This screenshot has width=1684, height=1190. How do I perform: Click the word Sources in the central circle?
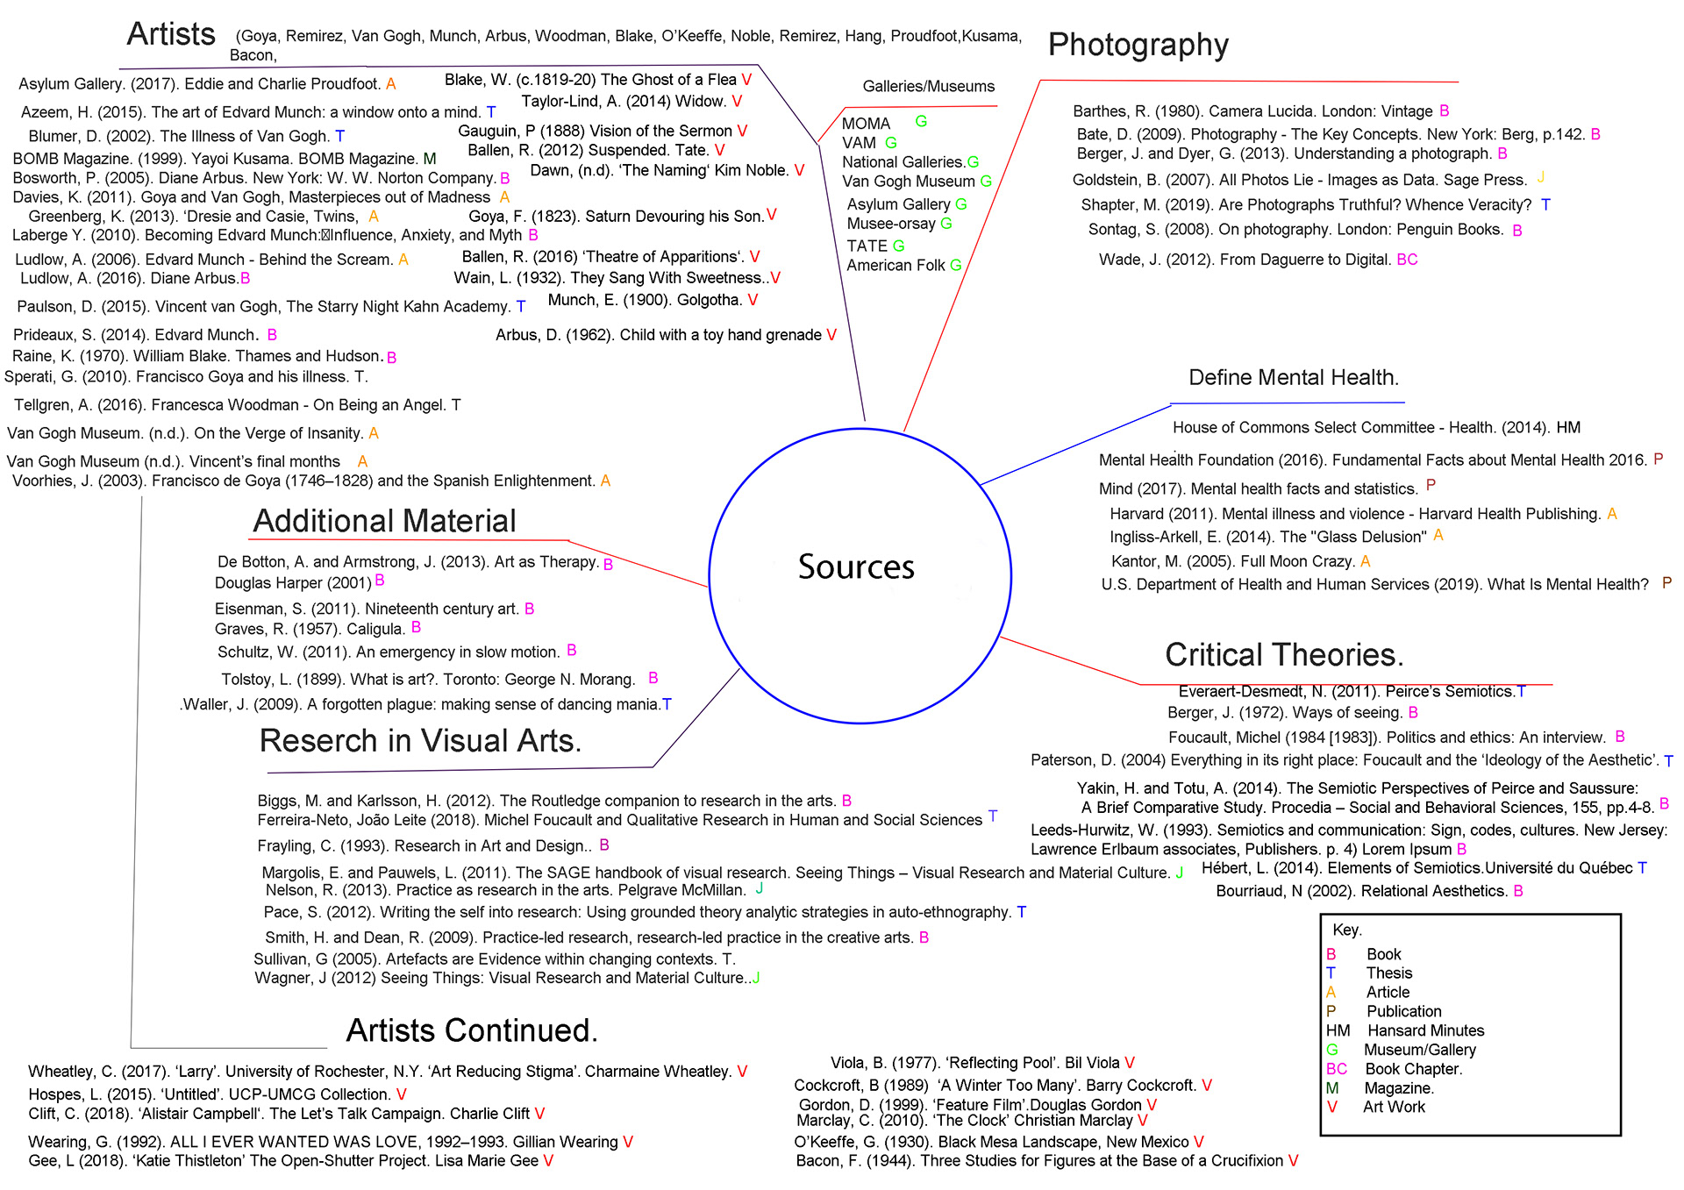pos(856,567)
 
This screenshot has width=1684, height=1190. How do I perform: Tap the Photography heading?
pos(1138,45)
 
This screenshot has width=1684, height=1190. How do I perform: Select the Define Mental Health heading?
pos(1293,378)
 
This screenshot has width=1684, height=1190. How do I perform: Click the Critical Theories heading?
pos(1284,655)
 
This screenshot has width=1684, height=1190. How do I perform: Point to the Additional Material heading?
pos(384,521)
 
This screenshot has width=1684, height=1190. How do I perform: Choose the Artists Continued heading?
pos(472,1030)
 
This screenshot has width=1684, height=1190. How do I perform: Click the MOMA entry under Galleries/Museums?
pos(866,124)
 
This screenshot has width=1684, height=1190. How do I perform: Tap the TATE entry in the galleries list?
pos(867,246)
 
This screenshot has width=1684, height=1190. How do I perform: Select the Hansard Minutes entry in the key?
pos(1425,1030)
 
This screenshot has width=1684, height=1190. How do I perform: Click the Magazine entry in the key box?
pos(1398,1088)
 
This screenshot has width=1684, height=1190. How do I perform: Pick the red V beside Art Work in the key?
pos(1332,1108)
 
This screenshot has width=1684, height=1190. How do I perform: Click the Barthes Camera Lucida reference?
pos(1252,111)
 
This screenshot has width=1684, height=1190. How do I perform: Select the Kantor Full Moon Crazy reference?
pos(1232,561)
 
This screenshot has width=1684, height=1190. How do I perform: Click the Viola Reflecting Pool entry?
pos(974,1063)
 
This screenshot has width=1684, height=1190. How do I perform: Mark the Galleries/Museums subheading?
pos(928,87)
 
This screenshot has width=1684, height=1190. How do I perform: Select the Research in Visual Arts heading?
pos(420,741)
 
